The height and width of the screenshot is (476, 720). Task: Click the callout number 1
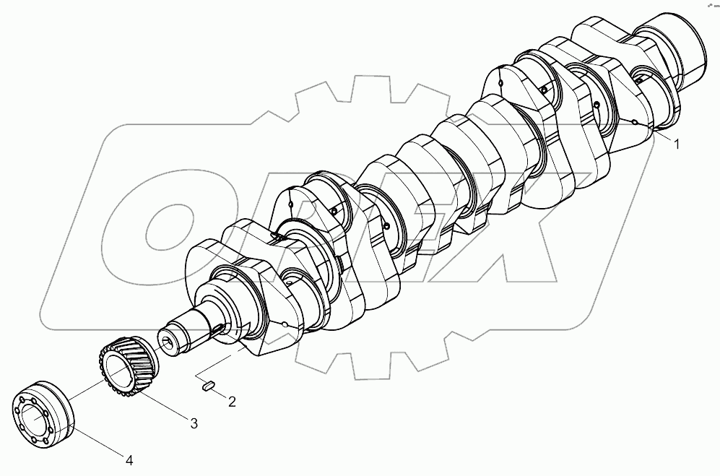click(x=677, y=144)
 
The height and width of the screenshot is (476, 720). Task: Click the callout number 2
click(x=232, y=401)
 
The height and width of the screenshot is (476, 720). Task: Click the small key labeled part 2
click(x=207, y=386)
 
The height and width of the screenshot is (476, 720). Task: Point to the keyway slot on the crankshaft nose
click(x=217, y=329)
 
